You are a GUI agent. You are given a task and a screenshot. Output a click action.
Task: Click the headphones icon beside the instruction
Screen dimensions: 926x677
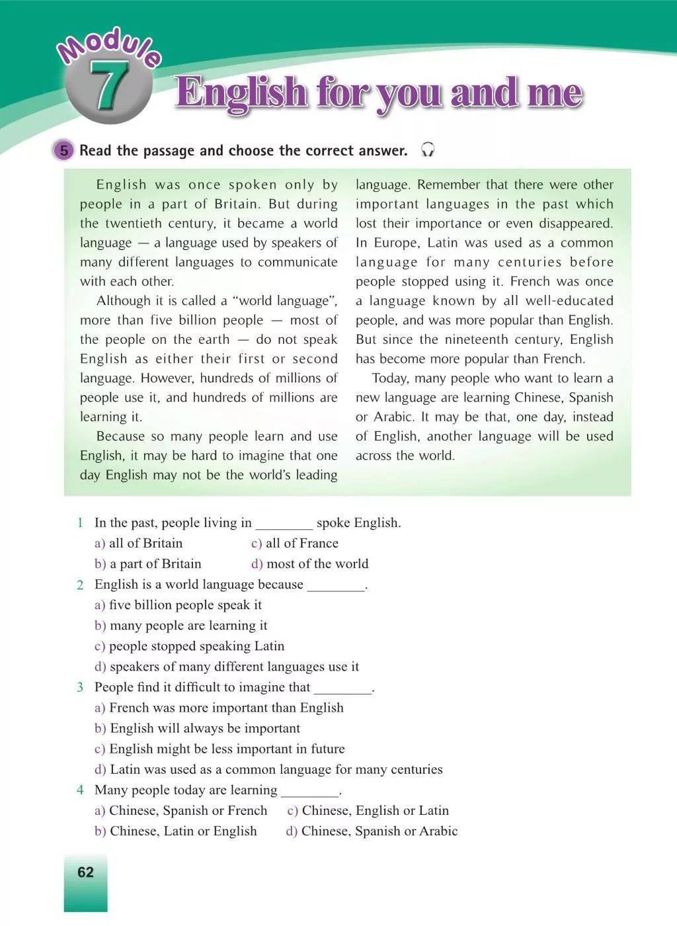point(428,150)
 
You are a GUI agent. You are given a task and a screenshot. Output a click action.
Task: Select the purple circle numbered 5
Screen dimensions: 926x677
point(63,151)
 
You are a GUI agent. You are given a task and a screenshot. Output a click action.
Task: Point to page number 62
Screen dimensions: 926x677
point(85,872)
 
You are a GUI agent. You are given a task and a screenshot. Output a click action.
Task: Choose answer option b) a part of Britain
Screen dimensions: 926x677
point(148,564)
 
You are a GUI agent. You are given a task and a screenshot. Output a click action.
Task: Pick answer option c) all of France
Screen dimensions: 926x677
point(295,543)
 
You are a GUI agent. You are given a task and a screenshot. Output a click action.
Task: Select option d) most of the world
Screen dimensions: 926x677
point(309,564)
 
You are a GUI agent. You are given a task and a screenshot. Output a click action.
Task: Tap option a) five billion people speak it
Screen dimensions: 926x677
point(179,605)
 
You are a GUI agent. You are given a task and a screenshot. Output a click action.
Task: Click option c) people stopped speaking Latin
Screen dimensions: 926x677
point(190,646)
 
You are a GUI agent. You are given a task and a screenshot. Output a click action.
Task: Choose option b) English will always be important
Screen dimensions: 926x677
point(197,728)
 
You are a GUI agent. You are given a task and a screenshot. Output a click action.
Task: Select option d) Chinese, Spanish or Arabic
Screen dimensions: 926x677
point(372,831)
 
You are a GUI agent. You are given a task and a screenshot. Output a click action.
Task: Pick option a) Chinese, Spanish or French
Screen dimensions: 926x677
point(181,810)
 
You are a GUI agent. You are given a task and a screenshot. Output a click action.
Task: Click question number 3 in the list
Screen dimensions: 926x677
point(80,687)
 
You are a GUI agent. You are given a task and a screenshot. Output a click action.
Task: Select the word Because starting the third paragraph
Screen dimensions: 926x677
point(120,437)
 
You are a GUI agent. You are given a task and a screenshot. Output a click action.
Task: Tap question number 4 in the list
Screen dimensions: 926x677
point(80,790)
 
